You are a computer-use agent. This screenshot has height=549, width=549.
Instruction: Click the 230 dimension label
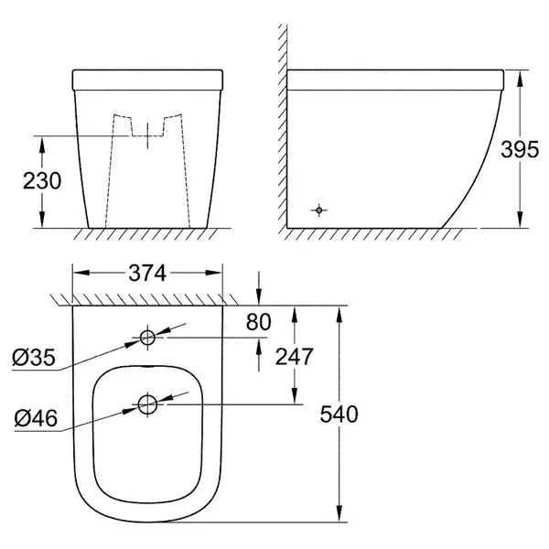point(42,180)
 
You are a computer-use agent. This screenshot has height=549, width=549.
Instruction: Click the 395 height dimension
point(520,149)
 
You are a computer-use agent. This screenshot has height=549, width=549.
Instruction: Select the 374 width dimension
point(147,273)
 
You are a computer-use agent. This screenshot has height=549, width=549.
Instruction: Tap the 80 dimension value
point(258,322)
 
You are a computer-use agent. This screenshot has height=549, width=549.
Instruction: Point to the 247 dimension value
point(294,357)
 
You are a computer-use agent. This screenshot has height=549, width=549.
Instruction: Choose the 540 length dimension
point(339,414)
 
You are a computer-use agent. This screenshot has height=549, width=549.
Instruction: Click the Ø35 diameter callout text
point(34,358)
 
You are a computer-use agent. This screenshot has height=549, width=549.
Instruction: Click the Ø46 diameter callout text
point(36,418)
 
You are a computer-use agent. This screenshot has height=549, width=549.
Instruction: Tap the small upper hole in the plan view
point(147,338)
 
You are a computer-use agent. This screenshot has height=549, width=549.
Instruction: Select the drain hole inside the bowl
point(147,404)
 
